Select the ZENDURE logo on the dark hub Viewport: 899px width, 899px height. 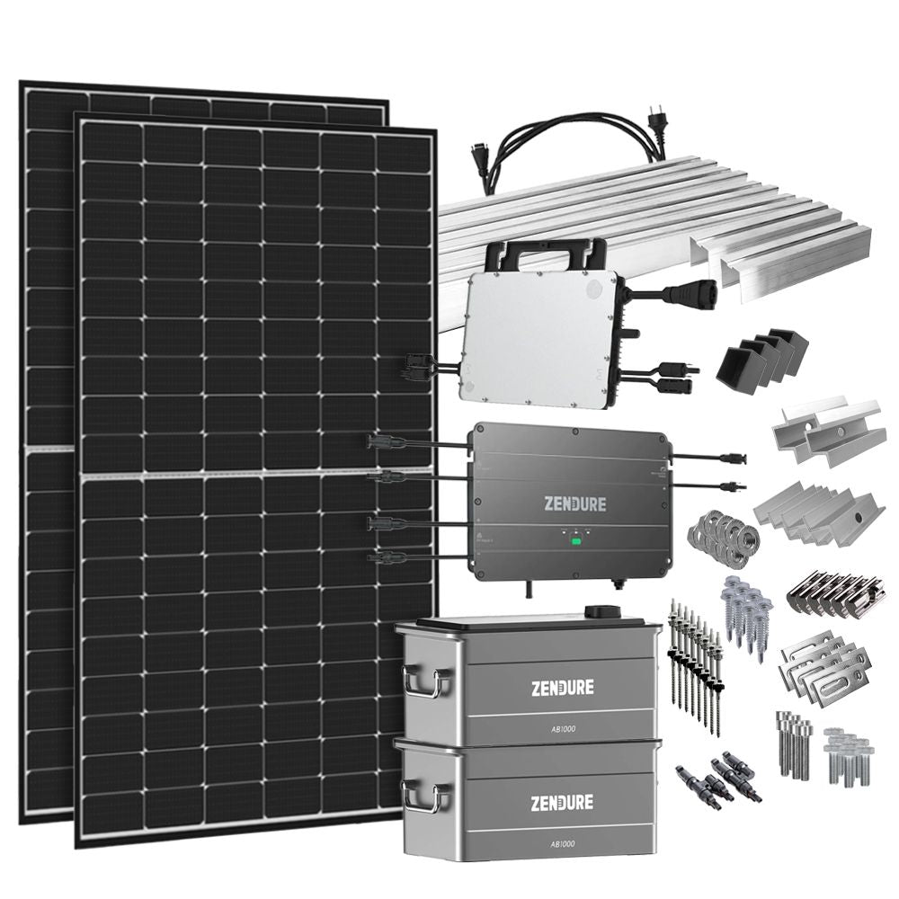[x=574, y=503]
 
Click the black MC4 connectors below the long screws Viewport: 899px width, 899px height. [x=719, y=778]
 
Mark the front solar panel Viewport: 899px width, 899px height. [x=256, y=476]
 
